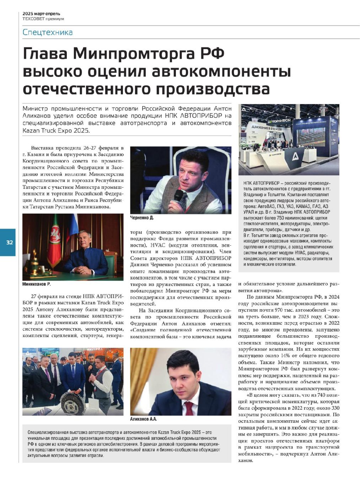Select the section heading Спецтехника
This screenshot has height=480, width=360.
pos(47,32)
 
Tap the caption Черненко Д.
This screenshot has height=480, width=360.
pos(142,218)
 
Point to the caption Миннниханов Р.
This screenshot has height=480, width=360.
pos(36,285)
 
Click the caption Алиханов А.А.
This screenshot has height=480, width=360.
pos(143,419)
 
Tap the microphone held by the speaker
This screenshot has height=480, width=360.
pos(178,197)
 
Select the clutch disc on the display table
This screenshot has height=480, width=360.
pos(73,402)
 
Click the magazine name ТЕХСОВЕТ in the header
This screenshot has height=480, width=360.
pos(33,18)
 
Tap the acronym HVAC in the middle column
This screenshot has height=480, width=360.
pos(159,245)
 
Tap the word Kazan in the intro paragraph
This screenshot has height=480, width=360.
pos(32,130)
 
